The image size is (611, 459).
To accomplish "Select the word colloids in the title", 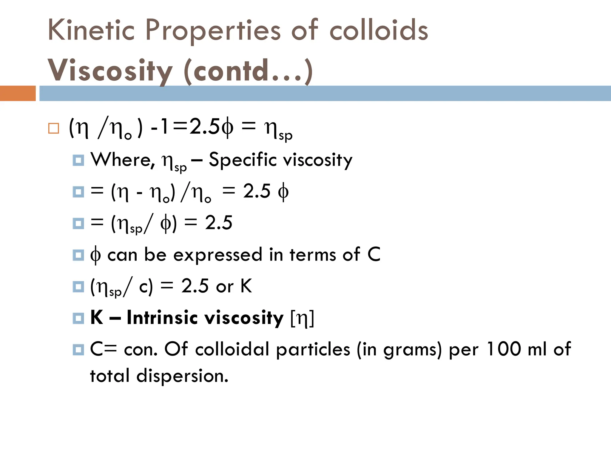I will (x=379, y=30).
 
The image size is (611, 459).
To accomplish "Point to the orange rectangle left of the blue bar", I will (x=18, y=93).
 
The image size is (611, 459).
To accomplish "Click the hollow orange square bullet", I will (x=54, y=128).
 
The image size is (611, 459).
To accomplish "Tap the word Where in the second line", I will (x=122, y=160).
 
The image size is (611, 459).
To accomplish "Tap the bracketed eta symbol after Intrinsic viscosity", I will (x=302, y=318).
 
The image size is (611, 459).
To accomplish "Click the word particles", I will (x=313, y=350).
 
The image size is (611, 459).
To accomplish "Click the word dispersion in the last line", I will (x=182, y=376).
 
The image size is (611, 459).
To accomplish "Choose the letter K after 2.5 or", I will (x=246, y=286).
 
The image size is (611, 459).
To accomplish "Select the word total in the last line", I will (x=110, y=376).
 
